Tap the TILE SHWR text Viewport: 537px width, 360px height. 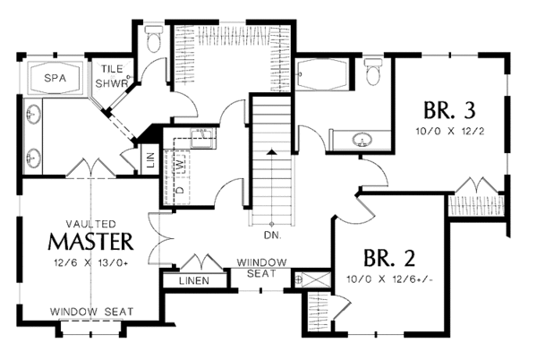coord(111,75)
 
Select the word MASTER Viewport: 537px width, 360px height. coord(91,241)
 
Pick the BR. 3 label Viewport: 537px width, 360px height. coord(449,111)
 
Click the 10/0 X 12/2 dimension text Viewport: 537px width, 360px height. coord(449,131)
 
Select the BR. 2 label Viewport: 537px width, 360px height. coord(390,260)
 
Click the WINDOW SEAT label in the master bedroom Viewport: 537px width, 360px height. coord(91,312)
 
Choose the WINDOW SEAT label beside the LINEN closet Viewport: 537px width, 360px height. coord(261,267)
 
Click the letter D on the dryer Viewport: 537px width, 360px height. coord(178,190)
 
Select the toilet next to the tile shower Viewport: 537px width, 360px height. coord(152,39)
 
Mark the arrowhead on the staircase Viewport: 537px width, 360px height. coord(270,155)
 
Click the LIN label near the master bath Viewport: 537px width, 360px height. coord(150,163)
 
